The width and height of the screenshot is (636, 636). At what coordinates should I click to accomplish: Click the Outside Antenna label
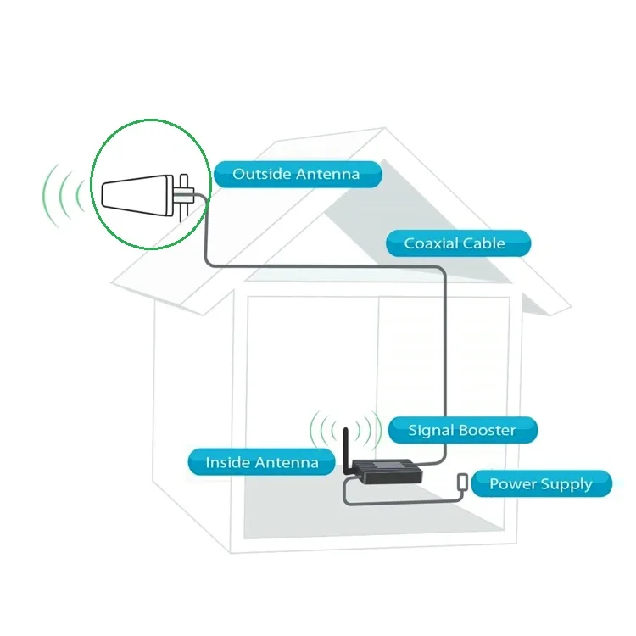pos(297,174)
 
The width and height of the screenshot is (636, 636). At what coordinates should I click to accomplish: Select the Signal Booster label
pos(463,430)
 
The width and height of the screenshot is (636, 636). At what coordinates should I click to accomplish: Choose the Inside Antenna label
pos(261,462)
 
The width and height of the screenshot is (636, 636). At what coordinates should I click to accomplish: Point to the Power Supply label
pos(540,484)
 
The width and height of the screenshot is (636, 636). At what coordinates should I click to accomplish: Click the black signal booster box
pos(387,471)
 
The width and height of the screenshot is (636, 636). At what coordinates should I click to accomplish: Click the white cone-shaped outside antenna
pos(137,193)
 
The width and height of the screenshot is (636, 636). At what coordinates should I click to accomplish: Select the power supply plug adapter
pos(462,481)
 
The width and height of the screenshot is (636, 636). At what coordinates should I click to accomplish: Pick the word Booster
pos(488,430)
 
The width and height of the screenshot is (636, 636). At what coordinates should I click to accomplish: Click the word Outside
pos(261,174)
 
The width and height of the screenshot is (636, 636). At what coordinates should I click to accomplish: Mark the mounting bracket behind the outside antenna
pos(185,194)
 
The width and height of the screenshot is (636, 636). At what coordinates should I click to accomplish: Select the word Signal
pos(432,430)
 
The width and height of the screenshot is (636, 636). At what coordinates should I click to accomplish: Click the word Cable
pos(484,243)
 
